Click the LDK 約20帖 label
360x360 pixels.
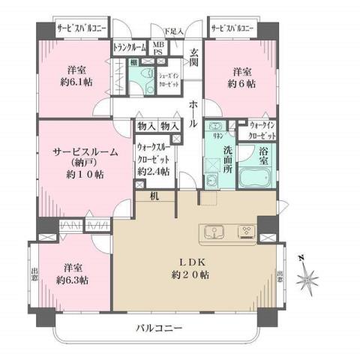click(x=193, y=268)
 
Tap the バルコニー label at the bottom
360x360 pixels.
click(x=160, y=328)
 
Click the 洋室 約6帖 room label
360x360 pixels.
click(x=241, y=78)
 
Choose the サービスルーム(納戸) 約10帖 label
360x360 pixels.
click(x=85, y=163)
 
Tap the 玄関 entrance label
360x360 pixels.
click(x=194, y=57)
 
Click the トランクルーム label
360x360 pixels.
click(x=129, y=47)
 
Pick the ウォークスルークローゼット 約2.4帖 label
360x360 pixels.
click(x=153, y=160)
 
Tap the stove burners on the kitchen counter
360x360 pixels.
click(x=245, y=230)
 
